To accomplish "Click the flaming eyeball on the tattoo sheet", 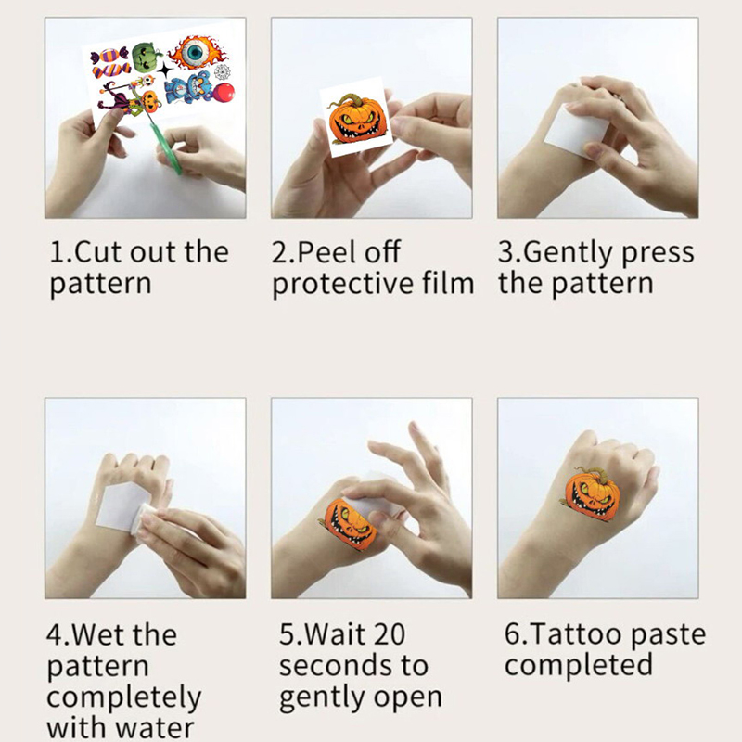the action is (x=197, y=53).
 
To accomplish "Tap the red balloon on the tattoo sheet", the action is (x=224, y=93).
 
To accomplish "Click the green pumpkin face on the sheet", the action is (x=144, y=57).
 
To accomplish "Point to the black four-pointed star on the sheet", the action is (x=166, y=70).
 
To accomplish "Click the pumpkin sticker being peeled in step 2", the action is (x=358, y=119).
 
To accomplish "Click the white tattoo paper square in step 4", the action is (x=122, y=506).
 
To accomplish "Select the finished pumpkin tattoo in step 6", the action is (x=592, y=493).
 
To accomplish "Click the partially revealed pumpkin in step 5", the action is (x=350, y=523).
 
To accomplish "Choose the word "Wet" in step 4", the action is (x=99, y=634).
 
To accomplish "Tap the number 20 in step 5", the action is (x=388, y=634).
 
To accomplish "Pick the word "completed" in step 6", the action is (x=579, y=665).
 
